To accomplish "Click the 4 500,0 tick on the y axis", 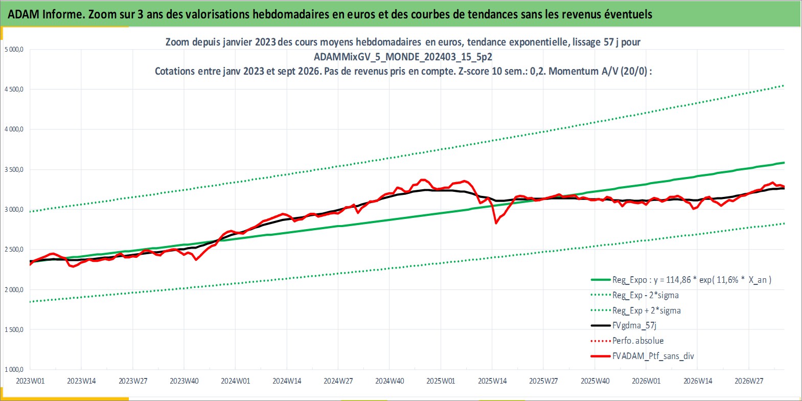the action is pos(14,89).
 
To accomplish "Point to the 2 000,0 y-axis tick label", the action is pos(14,289).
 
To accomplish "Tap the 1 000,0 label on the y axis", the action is pos(14,369).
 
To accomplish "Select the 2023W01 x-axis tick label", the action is pos(31,381).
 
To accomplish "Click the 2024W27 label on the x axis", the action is pos(338,381).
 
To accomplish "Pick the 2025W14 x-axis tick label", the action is pos(492,381).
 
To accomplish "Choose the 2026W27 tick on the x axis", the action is pos(749,381).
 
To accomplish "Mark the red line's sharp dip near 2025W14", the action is pos(496,223).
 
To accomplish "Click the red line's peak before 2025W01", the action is pos(423,180).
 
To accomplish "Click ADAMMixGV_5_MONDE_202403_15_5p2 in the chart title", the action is pos(403,57).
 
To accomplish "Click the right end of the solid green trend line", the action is pos(784,163).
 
